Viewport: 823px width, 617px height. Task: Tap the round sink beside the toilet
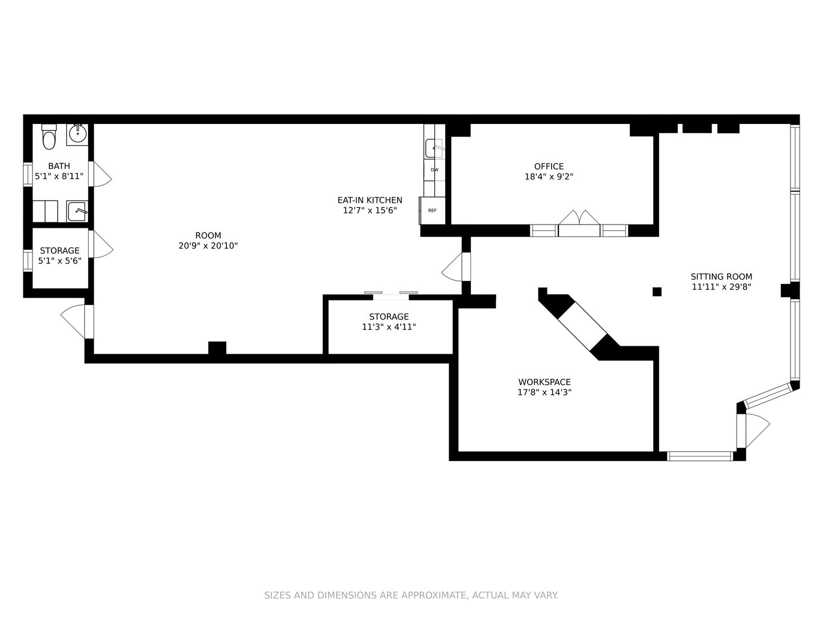77,134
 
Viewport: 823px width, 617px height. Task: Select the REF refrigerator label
432,211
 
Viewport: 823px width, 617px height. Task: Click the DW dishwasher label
434,170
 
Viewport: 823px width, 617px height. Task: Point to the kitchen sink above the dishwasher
434,149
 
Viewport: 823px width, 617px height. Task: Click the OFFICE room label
549,166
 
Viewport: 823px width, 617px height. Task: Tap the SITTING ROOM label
721,277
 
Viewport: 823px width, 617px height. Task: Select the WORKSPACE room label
545,382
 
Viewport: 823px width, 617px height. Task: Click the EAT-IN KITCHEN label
370,200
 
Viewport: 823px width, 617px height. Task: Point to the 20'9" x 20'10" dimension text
208,246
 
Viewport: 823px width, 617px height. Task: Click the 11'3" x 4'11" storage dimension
389,327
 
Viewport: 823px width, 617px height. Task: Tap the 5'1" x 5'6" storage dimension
59,261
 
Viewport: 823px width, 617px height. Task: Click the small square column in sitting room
657,291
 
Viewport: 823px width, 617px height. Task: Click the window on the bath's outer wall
28,174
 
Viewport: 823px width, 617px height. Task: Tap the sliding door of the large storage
391,295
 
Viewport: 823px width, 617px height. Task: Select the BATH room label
59,166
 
